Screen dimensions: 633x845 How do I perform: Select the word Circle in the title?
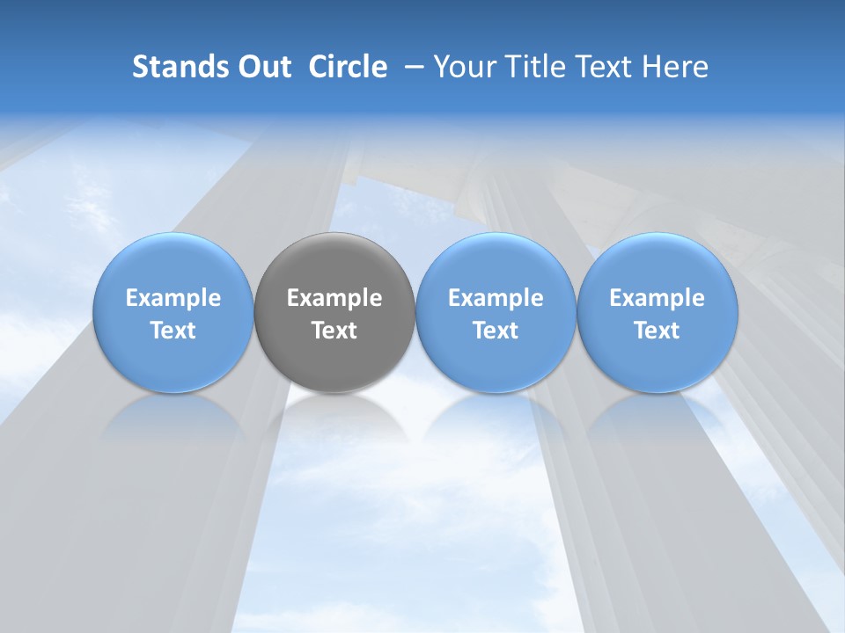pos(348,67)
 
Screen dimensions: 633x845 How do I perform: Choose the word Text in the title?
pos(599,67)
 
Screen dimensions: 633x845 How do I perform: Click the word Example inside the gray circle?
pos(334,298)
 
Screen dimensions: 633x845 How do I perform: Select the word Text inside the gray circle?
pos(334,331)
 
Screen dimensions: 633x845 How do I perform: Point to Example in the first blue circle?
pos(173,298)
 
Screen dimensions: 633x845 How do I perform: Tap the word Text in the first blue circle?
pos(173,331)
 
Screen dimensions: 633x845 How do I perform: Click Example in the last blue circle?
pos(657,298)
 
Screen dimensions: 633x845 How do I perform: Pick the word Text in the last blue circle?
pos(657,331)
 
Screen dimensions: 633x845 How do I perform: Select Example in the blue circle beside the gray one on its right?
pos(496,298)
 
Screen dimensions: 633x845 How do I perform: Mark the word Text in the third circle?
pos(496,331)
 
